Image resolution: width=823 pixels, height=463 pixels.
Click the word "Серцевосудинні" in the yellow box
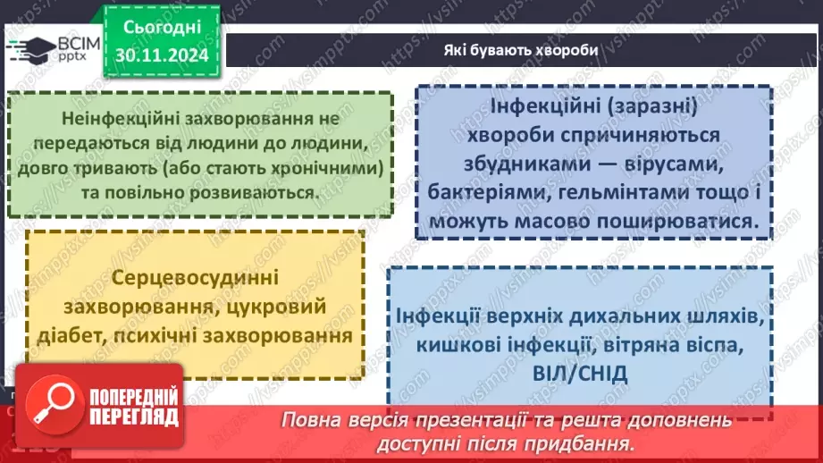tap(195, 277)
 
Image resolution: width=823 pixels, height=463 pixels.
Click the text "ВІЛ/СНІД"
tap(584, 372)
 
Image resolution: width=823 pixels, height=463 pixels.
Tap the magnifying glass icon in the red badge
tap(51, 401)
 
